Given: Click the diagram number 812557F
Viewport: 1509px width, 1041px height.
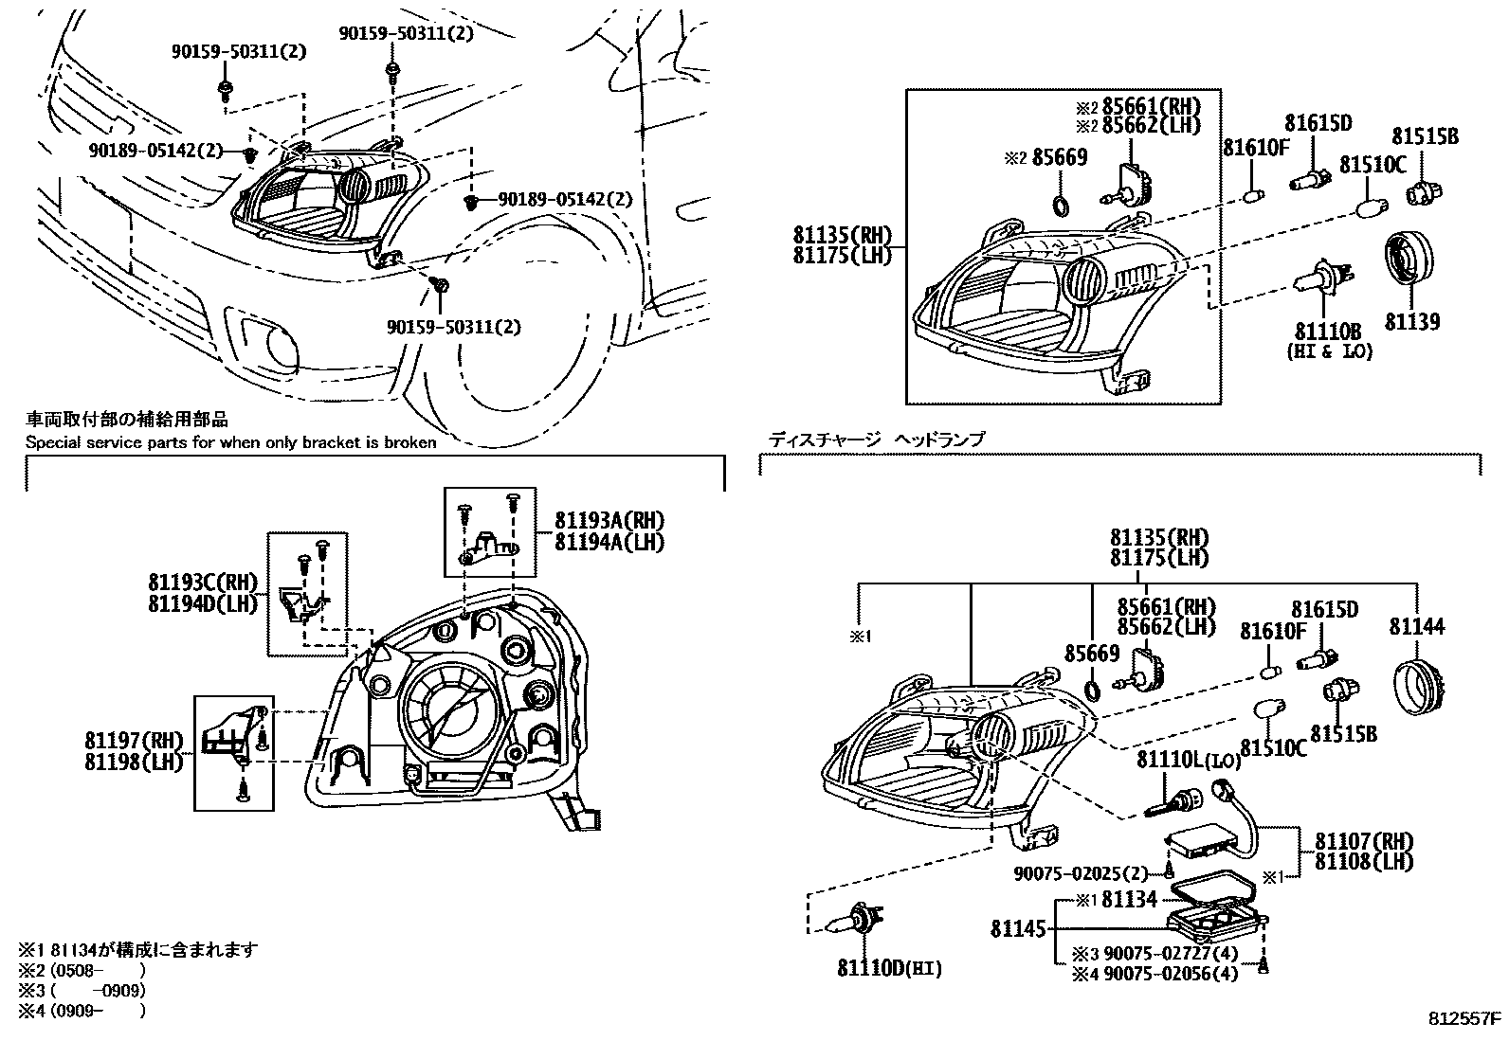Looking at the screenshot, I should pyautogui.click(x=1464, y=1019).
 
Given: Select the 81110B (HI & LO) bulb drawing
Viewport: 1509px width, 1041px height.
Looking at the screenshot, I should pyautogui.click(x=1323, y=281).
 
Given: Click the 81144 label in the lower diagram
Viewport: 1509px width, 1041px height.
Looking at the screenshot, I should pyautogui.click(x=1417, y=626).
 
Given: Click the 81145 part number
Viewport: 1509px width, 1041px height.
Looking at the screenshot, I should pyautogui.click(x=1018, y=929).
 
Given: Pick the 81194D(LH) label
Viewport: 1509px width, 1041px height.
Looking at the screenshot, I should pyautogui.click(x=203, y=603).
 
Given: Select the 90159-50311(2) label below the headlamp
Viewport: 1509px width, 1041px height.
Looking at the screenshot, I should pyautogui.click(x=454, y=327).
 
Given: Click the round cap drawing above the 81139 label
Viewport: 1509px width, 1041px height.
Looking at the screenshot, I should pyautogui.click(x=1409, y=258).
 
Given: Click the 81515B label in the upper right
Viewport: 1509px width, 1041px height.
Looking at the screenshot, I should pyautogui.click(x=1425, y=136).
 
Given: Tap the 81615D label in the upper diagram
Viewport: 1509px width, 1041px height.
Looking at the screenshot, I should pyautogui.click(x=1318, y=122).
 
